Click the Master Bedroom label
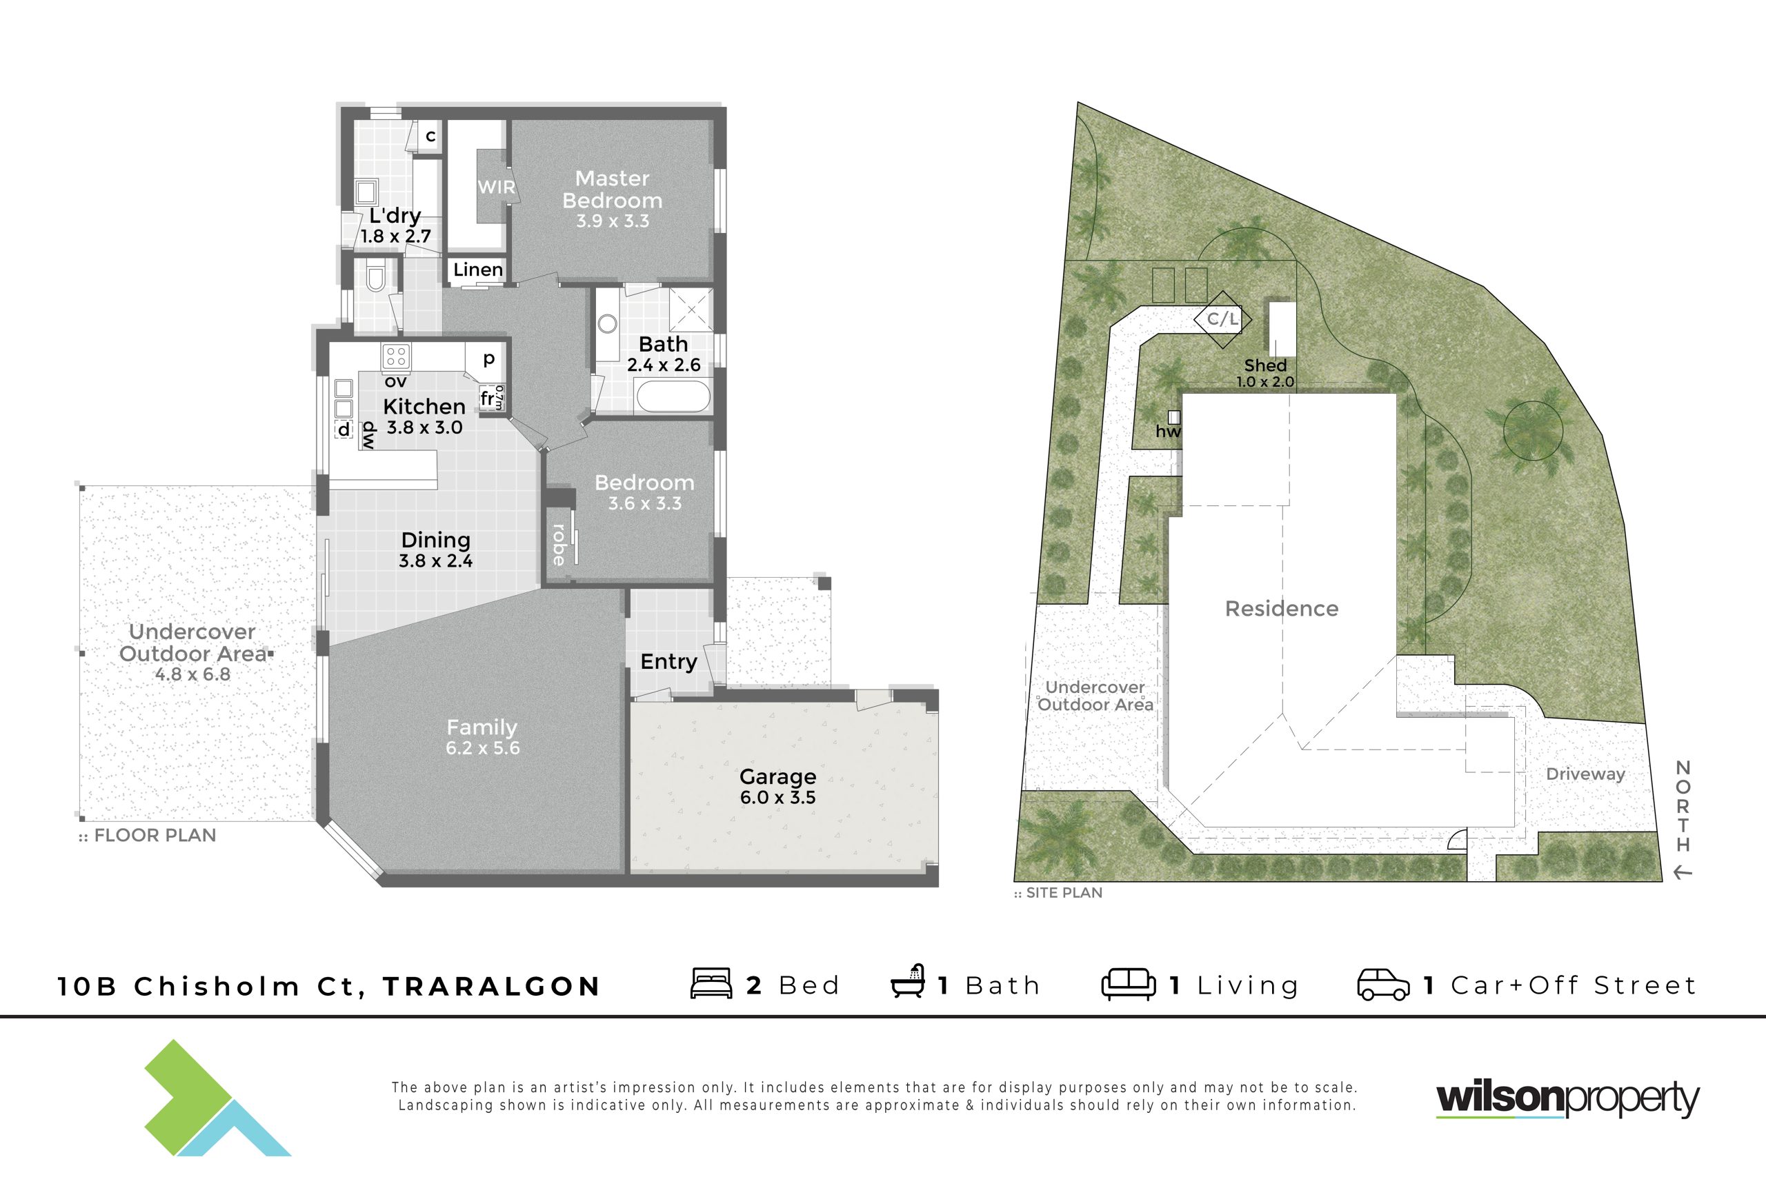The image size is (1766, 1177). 612,189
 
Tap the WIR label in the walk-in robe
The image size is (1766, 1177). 496,187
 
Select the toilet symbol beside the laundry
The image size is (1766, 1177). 375,276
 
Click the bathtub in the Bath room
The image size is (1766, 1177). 673,396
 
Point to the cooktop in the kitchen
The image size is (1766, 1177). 396,356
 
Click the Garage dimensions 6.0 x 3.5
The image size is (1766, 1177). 778,797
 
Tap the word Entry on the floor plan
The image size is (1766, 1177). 668,661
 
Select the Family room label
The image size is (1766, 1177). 482,727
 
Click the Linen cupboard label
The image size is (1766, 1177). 477,270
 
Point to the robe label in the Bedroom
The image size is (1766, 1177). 559,545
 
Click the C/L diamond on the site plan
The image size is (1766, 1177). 1222,319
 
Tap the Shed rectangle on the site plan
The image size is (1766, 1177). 1282,329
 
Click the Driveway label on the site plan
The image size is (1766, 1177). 1585,774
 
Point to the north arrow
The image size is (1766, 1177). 1683,873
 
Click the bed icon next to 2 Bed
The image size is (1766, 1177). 711,983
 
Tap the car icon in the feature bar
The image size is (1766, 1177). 1383,985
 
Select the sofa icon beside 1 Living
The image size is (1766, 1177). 1129,984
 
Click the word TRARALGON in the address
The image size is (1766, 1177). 492,985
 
